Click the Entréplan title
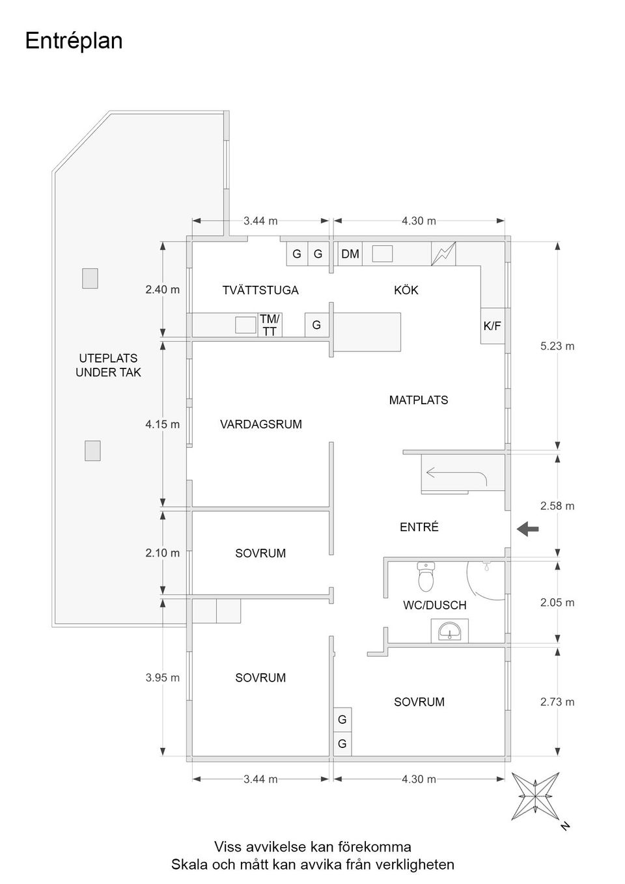74,40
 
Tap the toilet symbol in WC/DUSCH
426,576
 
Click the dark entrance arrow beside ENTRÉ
528,529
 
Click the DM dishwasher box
350,254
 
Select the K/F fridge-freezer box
493,325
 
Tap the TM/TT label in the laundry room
269,325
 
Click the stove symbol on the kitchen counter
443,254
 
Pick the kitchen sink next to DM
382,253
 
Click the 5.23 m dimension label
557,346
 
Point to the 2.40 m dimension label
162,290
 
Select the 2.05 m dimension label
557,603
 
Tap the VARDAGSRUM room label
261,424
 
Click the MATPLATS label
419,400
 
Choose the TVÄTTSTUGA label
260,290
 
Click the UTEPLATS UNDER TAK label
108,365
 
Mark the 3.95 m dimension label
162,678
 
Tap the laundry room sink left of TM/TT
245,325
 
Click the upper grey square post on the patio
90,279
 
